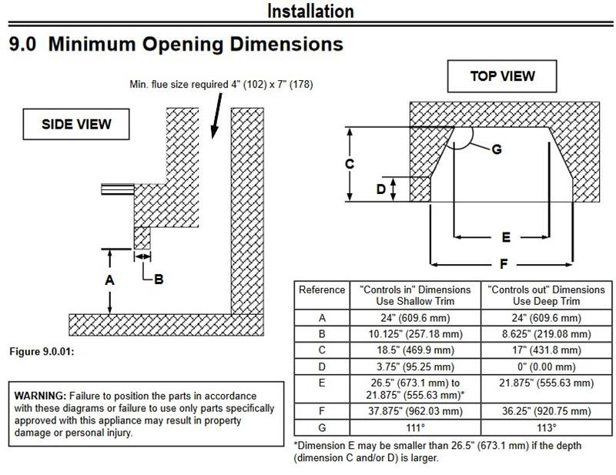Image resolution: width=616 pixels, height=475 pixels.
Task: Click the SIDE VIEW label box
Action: tap(76, 124)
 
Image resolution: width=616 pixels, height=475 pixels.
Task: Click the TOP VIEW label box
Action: tap(502, 76)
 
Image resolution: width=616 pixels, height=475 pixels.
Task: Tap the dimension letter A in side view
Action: tap(110, 280)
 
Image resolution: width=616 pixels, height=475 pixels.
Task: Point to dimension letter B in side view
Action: tap(159, 279)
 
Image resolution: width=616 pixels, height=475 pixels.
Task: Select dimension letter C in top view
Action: tap(350, 164)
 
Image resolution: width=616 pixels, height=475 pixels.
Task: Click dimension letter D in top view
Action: tap(380, 189)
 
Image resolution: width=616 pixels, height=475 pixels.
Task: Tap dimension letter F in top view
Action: tap(503, 264)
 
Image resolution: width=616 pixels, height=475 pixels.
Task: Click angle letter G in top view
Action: tap(496, 149)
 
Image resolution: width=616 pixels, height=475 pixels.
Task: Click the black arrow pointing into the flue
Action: tap(216, 116)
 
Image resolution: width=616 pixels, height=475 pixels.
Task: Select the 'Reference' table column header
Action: tap(322, 289)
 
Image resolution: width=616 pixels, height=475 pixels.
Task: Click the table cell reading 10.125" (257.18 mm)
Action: tap(414, 334)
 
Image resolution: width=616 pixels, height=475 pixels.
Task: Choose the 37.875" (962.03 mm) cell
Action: tap(414, 411)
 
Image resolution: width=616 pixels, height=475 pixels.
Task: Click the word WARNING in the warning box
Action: tap(40, 395)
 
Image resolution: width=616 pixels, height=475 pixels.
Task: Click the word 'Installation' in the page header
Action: tap(310, 11)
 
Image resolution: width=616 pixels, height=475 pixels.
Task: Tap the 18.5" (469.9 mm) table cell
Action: tap(414, 350)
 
